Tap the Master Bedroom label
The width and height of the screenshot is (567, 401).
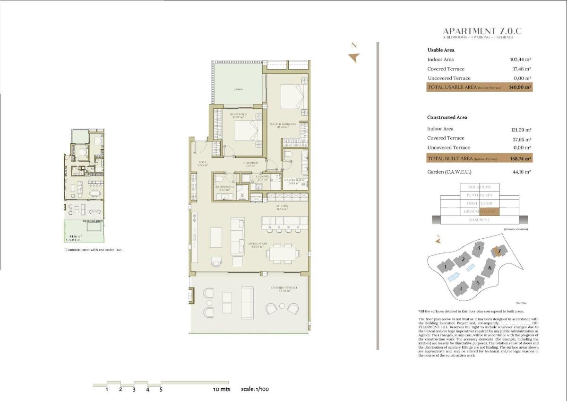click(x=283, y=124)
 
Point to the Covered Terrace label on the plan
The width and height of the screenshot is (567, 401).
click(x=283, y=289)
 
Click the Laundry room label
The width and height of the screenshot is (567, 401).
click(x=262, y=177)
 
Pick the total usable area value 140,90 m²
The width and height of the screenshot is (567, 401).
click(x=520, y=87)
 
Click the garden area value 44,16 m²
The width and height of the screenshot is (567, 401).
click(x=522, y=172)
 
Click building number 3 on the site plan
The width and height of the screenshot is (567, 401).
click(x=479, y=248)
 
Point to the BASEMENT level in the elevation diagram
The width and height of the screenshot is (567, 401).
click(x=479, y=220)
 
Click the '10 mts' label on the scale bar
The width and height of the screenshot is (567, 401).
click(x=221, y=390)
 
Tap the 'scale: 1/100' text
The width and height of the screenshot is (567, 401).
click(x=255, y=390)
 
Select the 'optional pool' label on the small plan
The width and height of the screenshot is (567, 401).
click(x=93, y=221)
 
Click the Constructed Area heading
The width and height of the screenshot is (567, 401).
click(x=447, y=117)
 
